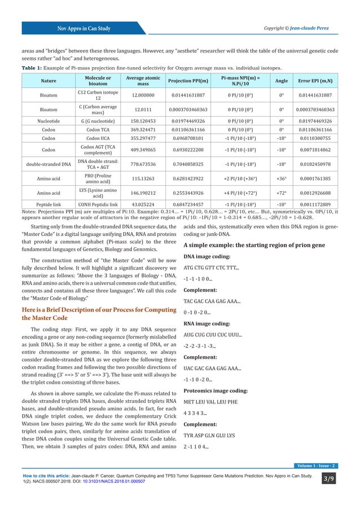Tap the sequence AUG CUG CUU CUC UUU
(x=212, y=335)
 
